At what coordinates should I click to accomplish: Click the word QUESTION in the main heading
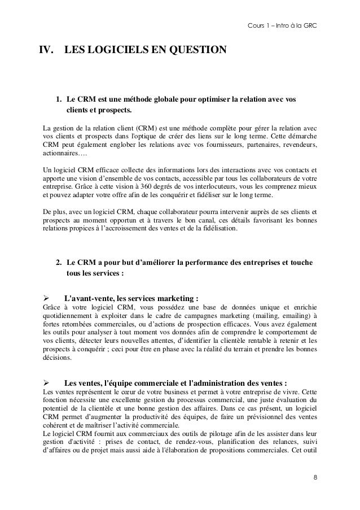point(195,52)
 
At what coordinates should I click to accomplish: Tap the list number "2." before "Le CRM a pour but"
point(59,264)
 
